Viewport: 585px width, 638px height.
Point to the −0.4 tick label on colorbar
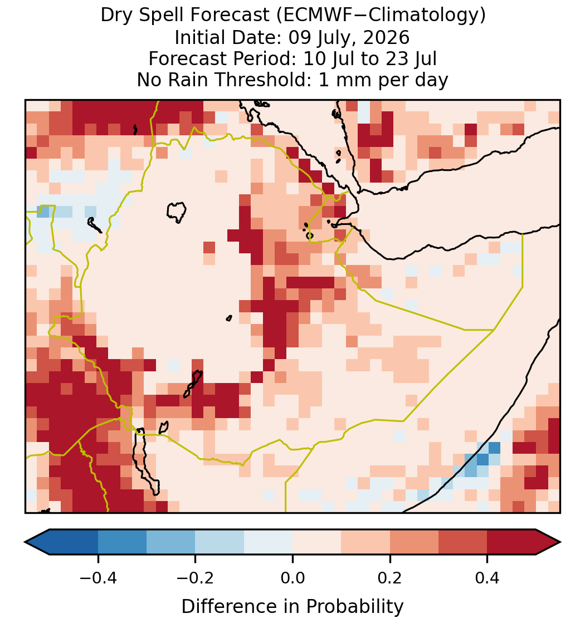pyautogui.click(x=97, y=577)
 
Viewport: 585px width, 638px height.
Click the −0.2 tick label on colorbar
pyautogui.click(x=195, y=577)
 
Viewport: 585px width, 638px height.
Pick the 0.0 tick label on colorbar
pyautogui.click(x=292, y=577)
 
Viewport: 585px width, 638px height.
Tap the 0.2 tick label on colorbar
pyautogui.click(x=390, y=577)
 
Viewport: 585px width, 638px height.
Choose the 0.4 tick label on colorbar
pyautogui.click(x=487, y=577)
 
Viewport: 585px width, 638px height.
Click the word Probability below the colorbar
pyautogui.click(x=354, y=607)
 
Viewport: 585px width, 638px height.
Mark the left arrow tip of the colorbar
pyautogui.click(x=25, y=542)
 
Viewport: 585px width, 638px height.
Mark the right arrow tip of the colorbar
pyautogui.click(x=560, y=542)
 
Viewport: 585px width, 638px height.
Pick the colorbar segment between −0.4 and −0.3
pyautogui.click(x=122, y=542)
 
